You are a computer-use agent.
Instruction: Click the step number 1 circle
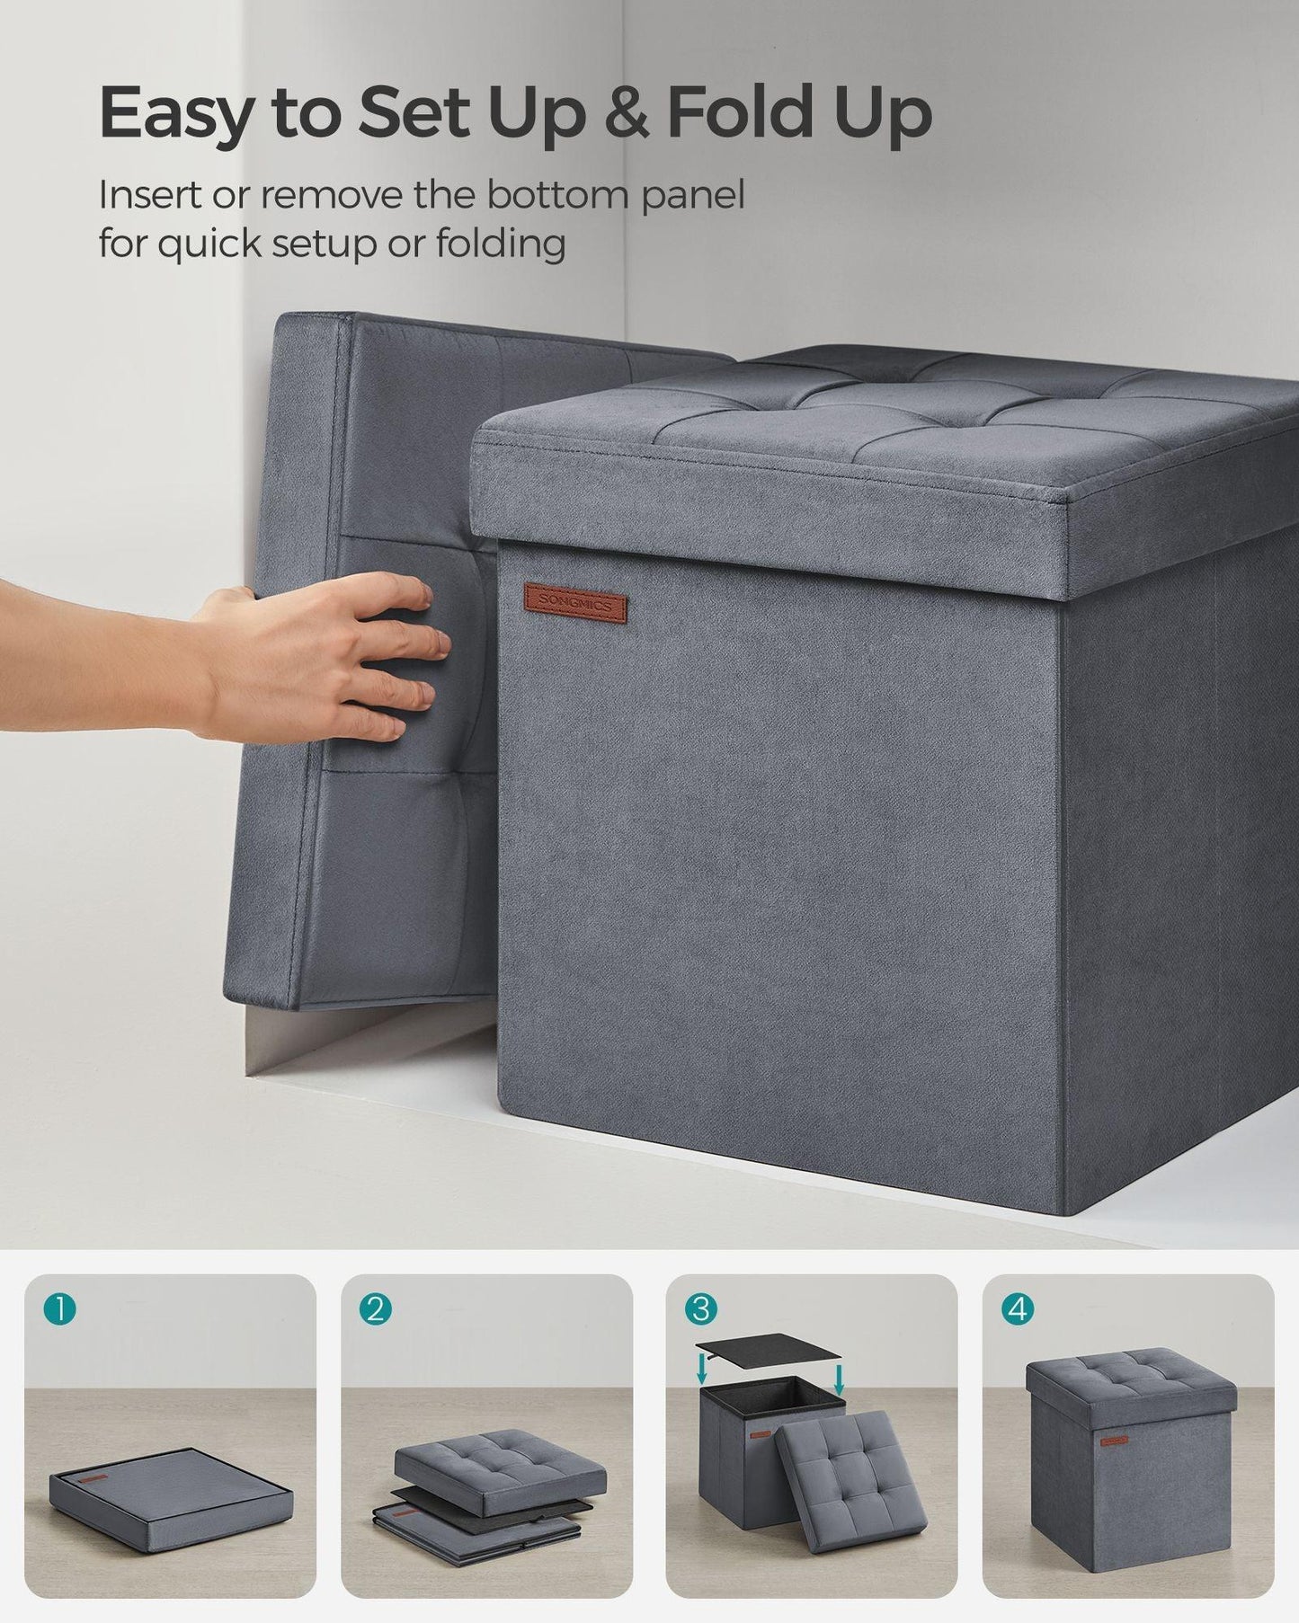[x=58, y=1308]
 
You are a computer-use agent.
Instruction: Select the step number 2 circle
[x=375, y=1308]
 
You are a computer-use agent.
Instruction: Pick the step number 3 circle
[x=700, y=1308]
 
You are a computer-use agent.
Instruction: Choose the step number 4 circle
[x=1017, y=1308]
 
